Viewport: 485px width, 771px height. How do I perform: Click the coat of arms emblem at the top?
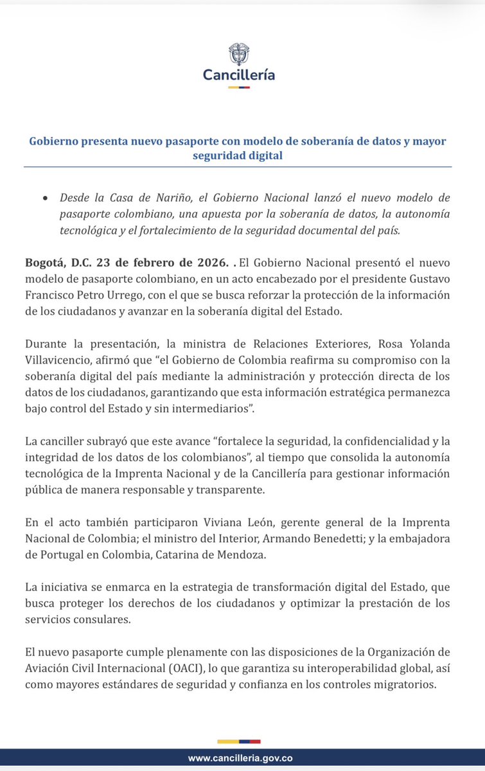pyautogui.click(x=238, y=54)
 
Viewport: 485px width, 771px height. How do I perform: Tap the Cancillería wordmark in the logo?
pyautogui.click(x=239, y=75)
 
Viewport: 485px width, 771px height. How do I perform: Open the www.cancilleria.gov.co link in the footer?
pyautogui.click(x=242, y=759)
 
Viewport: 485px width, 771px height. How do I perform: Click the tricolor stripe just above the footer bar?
pyautogui.click(x=238, y=741)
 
